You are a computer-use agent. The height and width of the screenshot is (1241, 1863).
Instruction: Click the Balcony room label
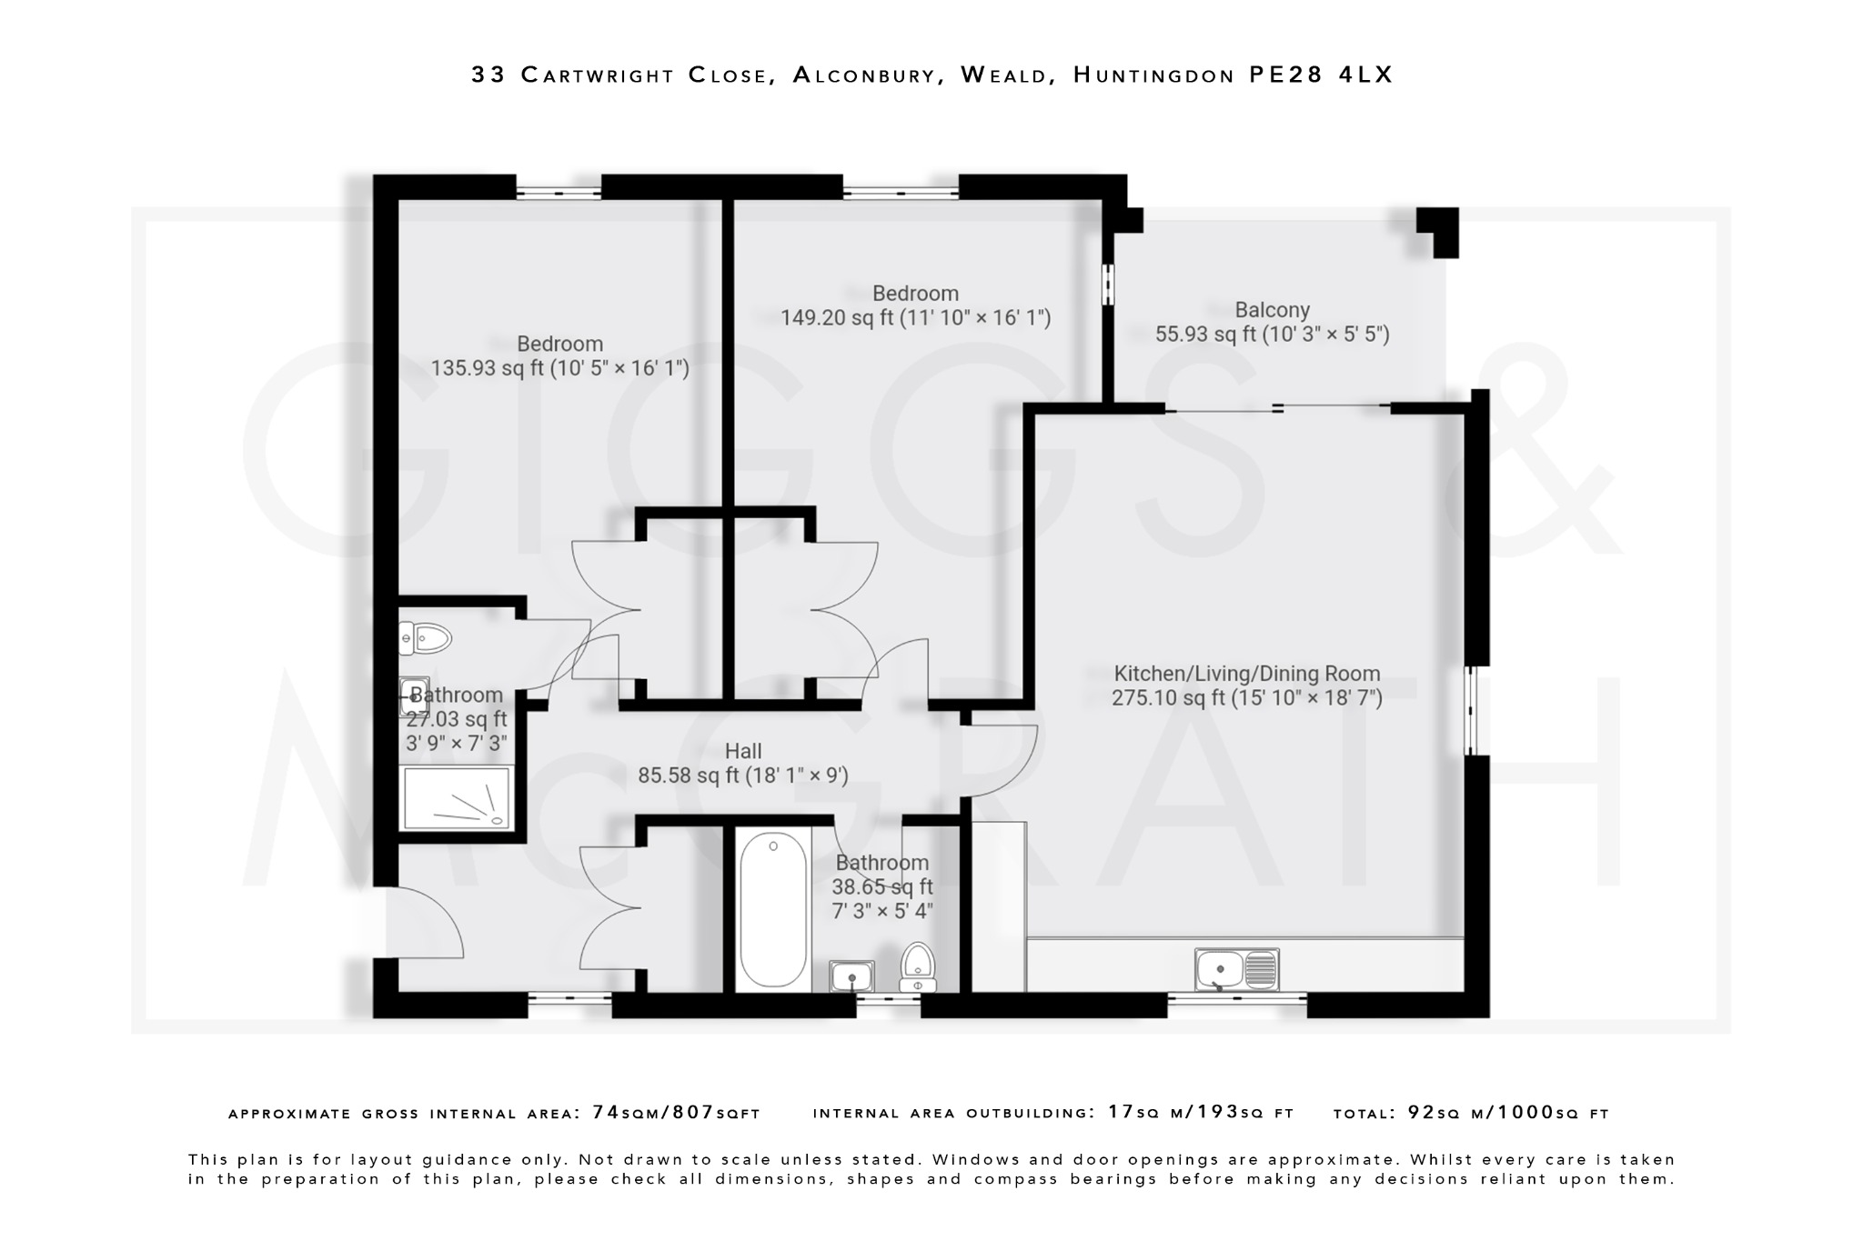pyautogui.click(x=1272, y=310)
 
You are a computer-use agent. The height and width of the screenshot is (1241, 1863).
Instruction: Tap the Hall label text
pyautogui.click(x=743, y=751)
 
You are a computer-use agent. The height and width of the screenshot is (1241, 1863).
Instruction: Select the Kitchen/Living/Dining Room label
pyautogui.click(x=1246, y=674)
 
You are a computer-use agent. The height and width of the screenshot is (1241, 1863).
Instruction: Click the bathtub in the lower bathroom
pyautogui.click(x=772, y=909)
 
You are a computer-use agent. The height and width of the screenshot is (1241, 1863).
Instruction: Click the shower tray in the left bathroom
pyautogui.click(x=458, y=798)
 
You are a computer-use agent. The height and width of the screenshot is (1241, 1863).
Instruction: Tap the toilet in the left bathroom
pyautogui.click(x=425, y=638)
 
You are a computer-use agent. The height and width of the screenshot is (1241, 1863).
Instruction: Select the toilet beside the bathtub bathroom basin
pyautogui.click(x=917, y=967)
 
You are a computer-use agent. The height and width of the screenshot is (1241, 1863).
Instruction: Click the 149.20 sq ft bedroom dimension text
pyautogui.click(x=915, y=318)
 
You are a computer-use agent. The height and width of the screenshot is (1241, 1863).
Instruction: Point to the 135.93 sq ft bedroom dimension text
pyautogui.click(x=559, y=368)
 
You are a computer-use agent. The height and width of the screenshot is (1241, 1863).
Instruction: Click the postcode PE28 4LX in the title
pyautogui.click(x=1321, y=75)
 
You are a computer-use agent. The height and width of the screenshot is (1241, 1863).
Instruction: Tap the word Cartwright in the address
pyautogui.click(x=599, y=75)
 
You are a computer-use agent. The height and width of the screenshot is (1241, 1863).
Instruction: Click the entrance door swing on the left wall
pyautogui.click(x=426, y=923)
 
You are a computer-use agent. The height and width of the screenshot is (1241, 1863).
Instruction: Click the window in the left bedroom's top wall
pyautogui.click(x=559, y=192)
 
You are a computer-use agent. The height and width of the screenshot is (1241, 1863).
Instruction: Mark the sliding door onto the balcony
pyautogui.click(x=1277, y=408)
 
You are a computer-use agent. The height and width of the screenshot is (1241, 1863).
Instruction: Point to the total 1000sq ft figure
pyautogui.click(x=1552, y=1112)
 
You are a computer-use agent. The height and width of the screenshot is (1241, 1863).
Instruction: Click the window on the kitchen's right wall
pyautogui.click(x=1470, y=710)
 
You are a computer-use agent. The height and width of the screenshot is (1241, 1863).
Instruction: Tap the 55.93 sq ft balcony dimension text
pyautogui.click(x=1272, y=335)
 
